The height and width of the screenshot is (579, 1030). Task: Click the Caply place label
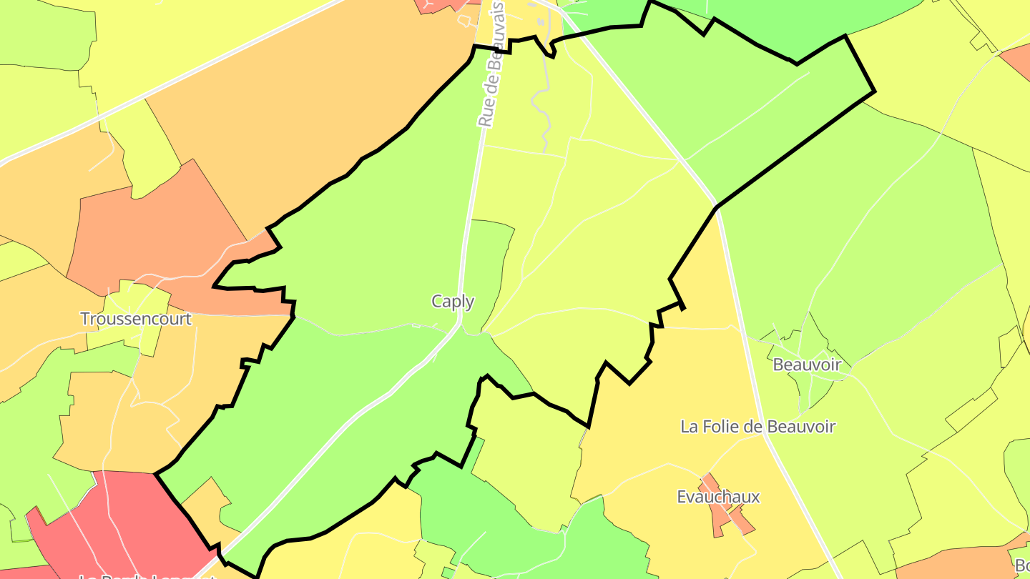(x=453, y=302)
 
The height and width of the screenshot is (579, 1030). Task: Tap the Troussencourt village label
(x=136, y=319)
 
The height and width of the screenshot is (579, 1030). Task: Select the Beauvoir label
(x=807, y=365)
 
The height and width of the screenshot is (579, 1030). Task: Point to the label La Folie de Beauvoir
(x=757, y=427)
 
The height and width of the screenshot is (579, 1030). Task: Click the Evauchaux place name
(x=718, y=496)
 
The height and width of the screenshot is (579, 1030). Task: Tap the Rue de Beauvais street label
(x=491, y=64)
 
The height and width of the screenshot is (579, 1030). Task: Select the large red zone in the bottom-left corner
(x=122, y=522)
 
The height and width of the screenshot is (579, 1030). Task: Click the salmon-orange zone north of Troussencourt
(x=157, y=229)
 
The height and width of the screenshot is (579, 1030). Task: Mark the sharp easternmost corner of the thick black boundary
(x=874, y=91)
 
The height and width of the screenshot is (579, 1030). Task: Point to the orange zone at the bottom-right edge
(x=951, y=565)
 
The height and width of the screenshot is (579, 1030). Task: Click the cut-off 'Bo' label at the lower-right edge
(x=1021, y=565)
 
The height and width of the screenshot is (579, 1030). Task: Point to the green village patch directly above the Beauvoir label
(x=808, y=336)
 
